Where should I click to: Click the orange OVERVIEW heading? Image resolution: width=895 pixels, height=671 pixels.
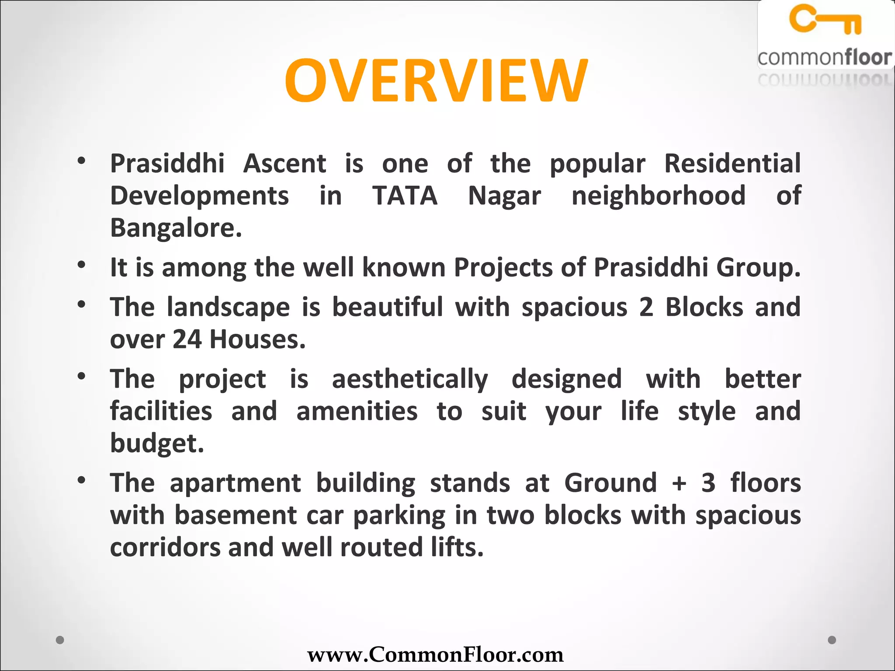click(x=436, y=81)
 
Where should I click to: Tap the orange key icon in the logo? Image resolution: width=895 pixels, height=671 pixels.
click(x=825, y=19)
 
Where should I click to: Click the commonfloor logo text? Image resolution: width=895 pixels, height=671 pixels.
click(x=824, y=58)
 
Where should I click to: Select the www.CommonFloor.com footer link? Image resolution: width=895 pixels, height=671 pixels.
click(x=435, y=654)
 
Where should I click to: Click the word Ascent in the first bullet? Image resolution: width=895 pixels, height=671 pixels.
click(x=284, y=164)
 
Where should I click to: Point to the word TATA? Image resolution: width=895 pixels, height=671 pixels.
click(x=405, y=196)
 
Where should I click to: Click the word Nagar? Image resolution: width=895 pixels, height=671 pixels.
click(x=504, y=196)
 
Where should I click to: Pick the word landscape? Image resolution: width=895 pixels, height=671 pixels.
click(x=228, y=307)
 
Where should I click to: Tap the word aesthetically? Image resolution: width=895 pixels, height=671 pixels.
click(x=409, y=379)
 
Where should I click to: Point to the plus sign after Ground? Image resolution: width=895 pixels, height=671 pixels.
click(x=679, y=484)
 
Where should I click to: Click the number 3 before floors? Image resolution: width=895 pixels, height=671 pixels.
click(x=708, y=483)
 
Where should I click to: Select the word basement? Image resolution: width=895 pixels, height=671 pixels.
click(x=236, y=515)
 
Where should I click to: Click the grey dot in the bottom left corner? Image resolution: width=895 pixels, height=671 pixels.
click(x=60, y=640)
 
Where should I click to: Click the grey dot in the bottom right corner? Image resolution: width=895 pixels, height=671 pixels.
click(x=832, y=640)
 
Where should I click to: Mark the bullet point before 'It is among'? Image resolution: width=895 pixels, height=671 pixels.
click(x=81, y=265)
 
